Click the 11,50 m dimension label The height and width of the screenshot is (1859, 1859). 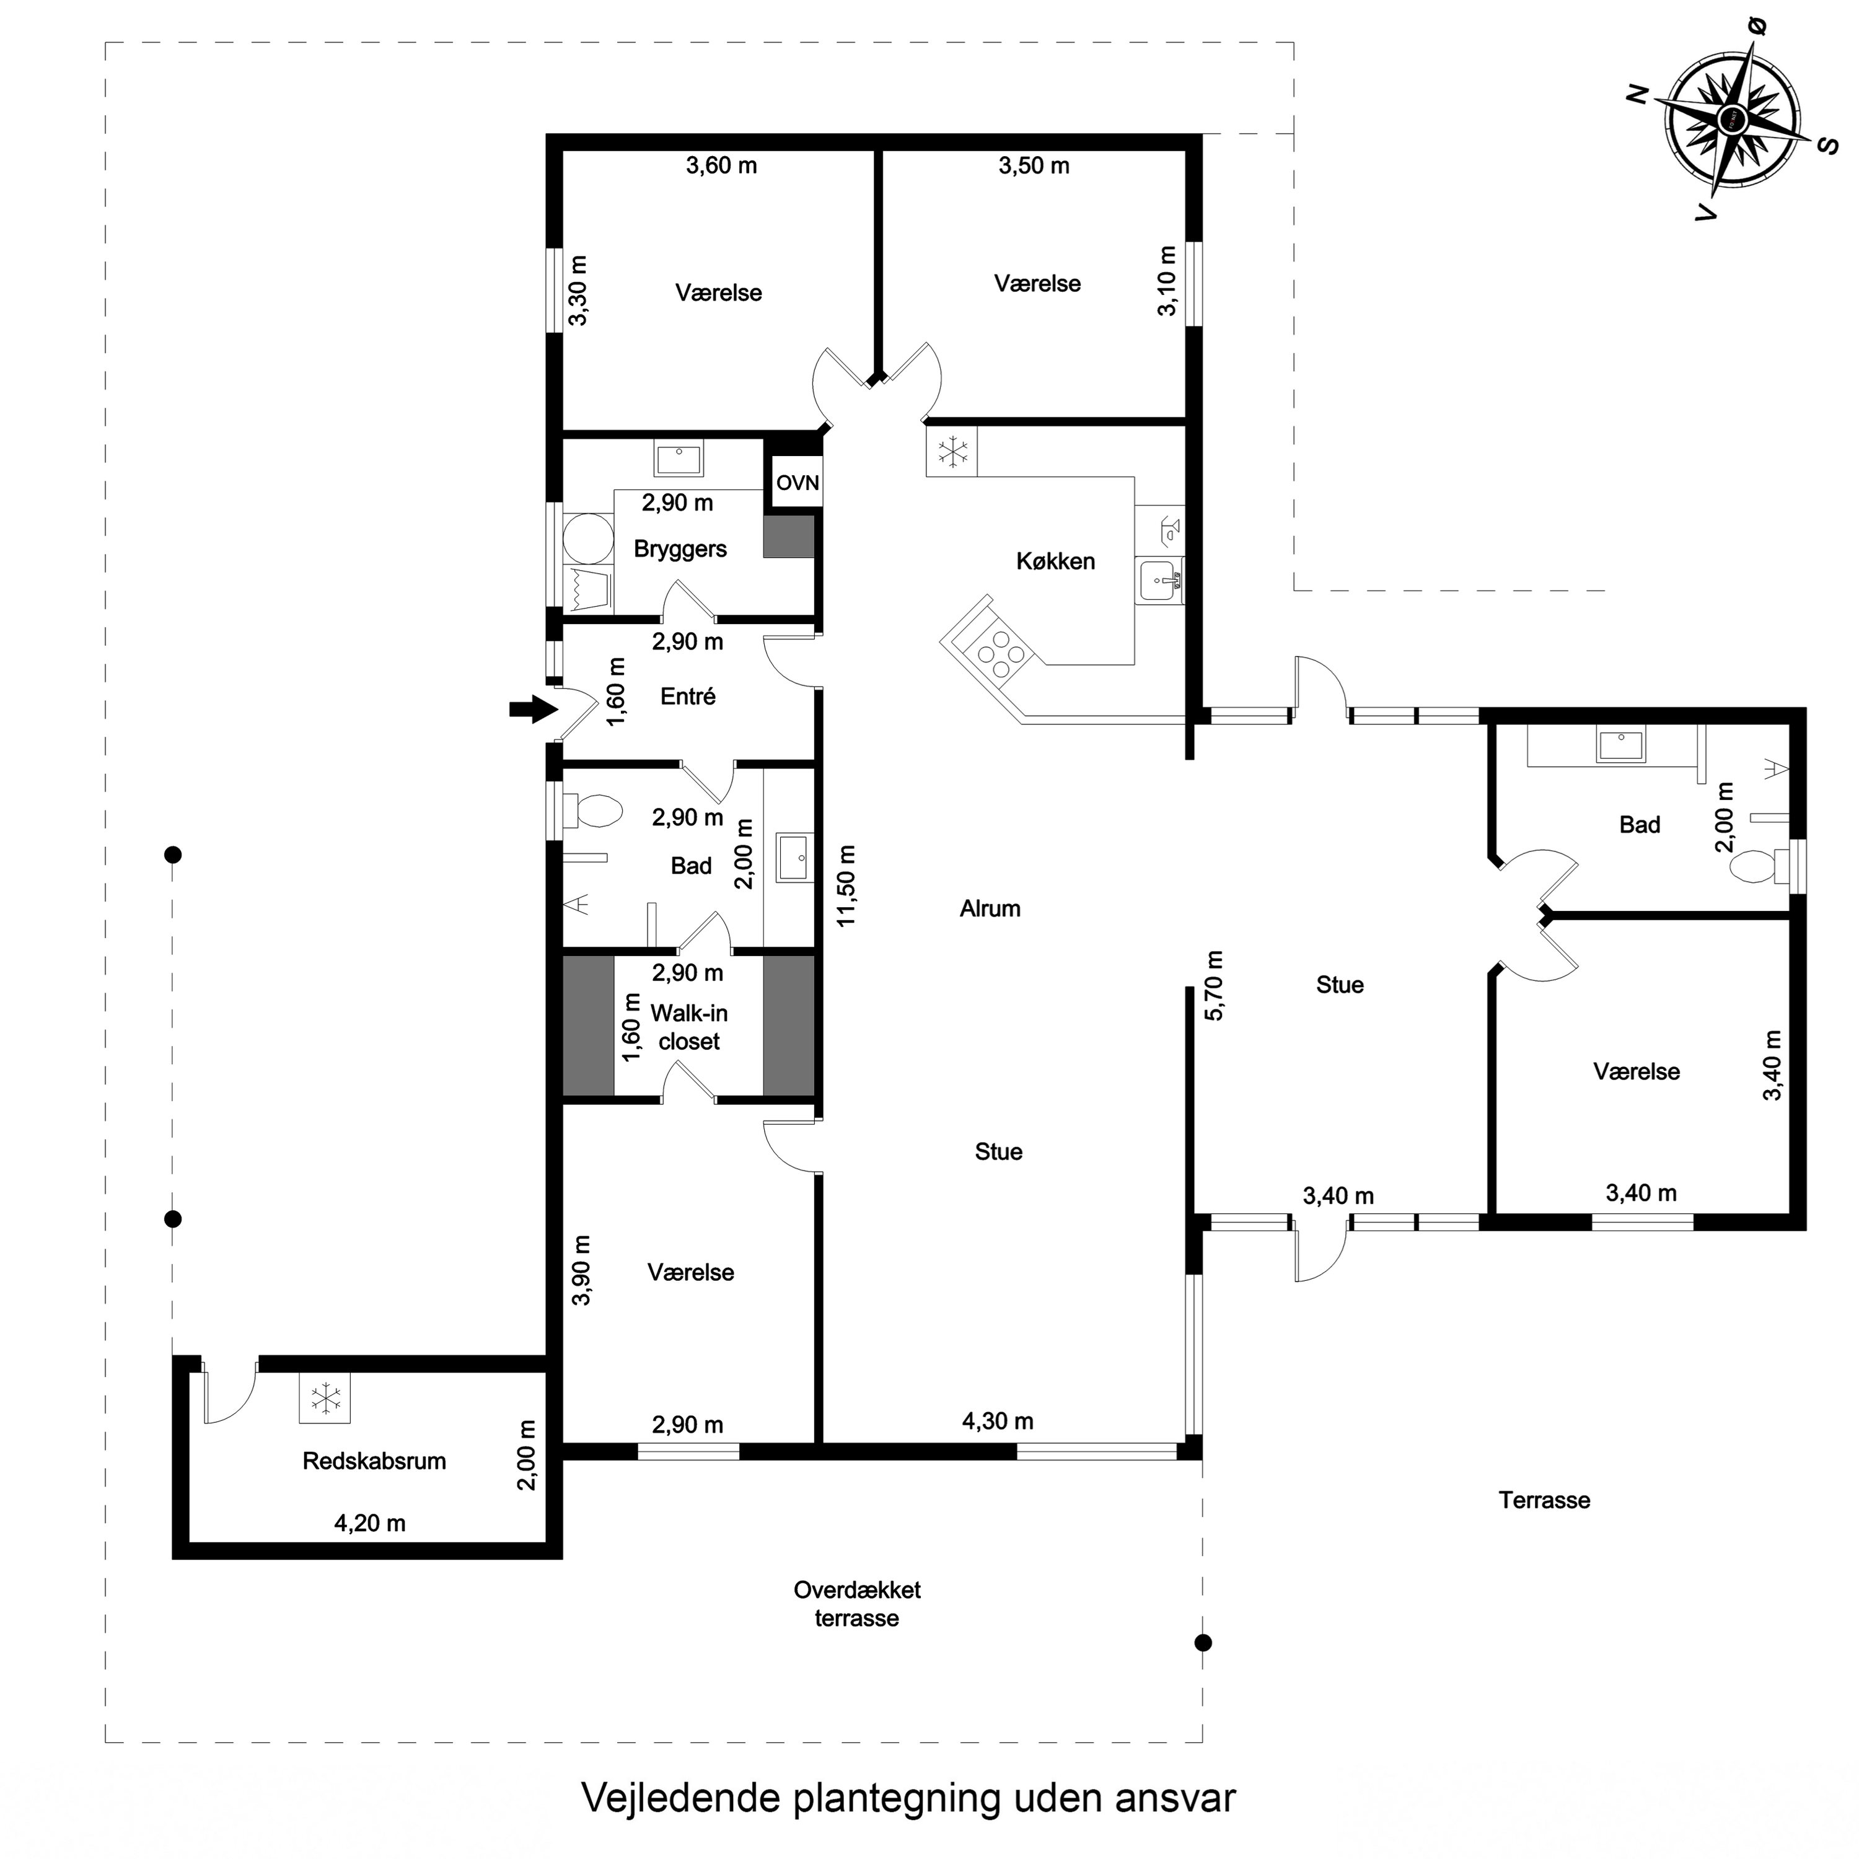(846, 886)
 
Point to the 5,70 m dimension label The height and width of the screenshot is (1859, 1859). (1215, 985)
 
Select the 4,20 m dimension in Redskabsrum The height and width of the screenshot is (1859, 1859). (369, 1523)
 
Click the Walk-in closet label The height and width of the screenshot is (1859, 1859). (689, 1027)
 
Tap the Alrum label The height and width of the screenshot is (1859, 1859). (990, 908)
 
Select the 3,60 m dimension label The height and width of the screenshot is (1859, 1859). (722, 165)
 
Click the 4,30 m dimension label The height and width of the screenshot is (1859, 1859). (998, 1421)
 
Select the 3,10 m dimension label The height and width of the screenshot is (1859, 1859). (1167, 281)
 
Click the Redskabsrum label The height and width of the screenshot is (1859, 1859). (374, 1461)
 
